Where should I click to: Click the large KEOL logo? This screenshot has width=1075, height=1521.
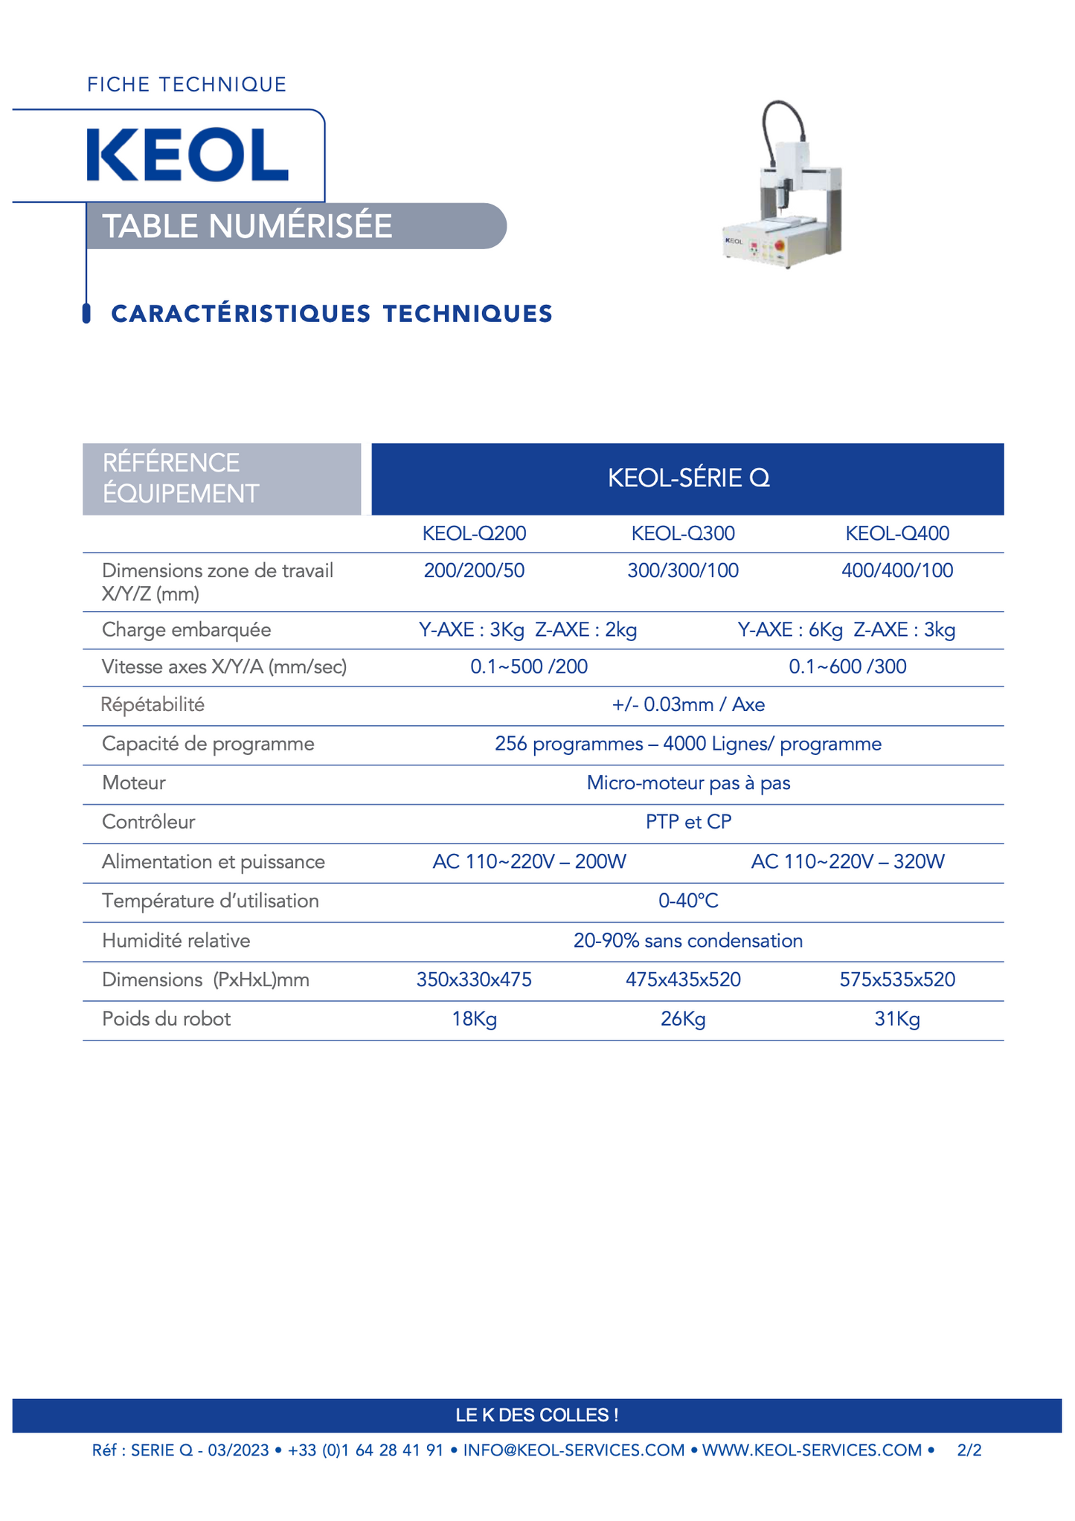(187, 155)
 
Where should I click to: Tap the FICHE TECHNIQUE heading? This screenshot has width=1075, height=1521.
(187, 85)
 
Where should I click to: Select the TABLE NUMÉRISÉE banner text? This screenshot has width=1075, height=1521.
(247, 226)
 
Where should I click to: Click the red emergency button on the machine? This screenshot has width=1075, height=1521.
(780, 245)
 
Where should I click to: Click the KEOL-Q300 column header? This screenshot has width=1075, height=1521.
(683, 533)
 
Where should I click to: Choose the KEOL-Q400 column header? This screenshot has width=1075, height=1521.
(897, 533)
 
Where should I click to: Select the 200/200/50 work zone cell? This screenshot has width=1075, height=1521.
(474, 570)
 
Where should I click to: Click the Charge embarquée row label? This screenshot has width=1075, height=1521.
(186, 630)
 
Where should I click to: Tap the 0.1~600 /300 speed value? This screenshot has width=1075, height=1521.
(847, 666)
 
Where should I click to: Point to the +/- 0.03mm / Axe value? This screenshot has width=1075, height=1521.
(688, 704)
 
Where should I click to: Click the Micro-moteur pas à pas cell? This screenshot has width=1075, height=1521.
(688, 783)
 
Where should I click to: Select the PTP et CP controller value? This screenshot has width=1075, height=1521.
(688, 822)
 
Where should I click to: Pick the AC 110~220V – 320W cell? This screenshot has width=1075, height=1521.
(847, 861)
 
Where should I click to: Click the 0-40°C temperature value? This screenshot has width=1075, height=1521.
(688, 901)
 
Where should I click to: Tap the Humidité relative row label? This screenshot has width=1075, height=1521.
(176, 941)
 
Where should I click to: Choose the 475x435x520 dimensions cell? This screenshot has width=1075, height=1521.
(683, 980)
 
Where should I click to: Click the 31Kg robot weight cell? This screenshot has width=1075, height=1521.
(897, 1019)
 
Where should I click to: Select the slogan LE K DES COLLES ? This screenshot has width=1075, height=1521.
(537, 1415)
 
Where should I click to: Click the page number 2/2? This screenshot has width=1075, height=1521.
(969, 1450)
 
